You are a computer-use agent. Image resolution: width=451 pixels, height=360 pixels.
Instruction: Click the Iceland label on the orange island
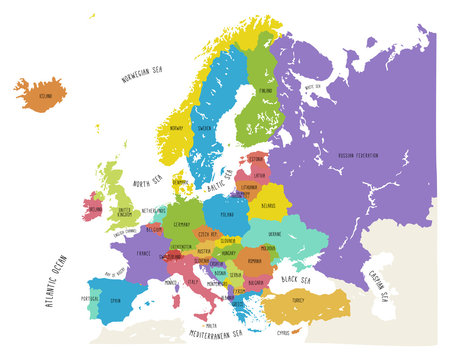(x=44, y=97)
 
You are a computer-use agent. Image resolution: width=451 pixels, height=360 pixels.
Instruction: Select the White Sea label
(x=312, y=87)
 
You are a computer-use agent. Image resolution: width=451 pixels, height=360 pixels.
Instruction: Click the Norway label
(x=177, y=129)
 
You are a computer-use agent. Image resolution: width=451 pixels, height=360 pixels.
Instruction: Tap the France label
(x=145, y=254)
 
